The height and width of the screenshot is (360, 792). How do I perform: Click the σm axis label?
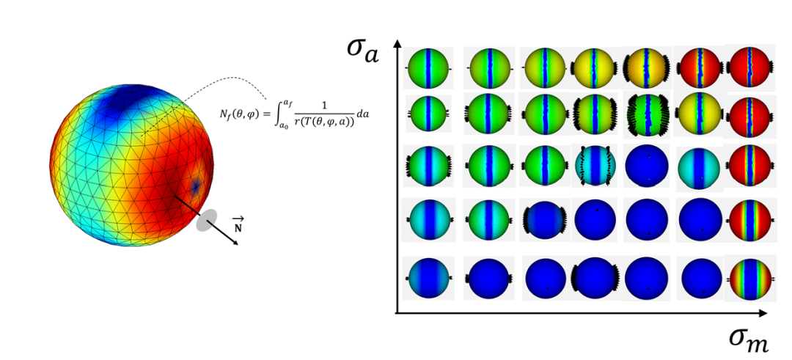click(x=749, y=337)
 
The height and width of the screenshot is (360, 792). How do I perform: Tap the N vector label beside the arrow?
click(x=238, y=224)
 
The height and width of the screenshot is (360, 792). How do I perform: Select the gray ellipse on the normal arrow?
click(x=207, y=220)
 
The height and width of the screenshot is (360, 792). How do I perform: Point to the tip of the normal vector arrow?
click(x=238, y=244)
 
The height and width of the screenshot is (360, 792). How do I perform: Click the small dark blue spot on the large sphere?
click(x=195, y=185)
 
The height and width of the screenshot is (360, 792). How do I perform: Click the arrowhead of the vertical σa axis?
click(x=397, y=43)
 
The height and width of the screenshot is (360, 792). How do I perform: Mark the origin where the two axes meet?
click(x=397, y=313)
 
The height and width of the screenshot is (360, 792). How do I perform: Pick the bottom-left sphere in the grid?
click(x=429, y=278)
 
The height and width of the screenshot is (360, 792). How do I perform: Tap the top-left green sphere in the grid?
click(x=428, y=68)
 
